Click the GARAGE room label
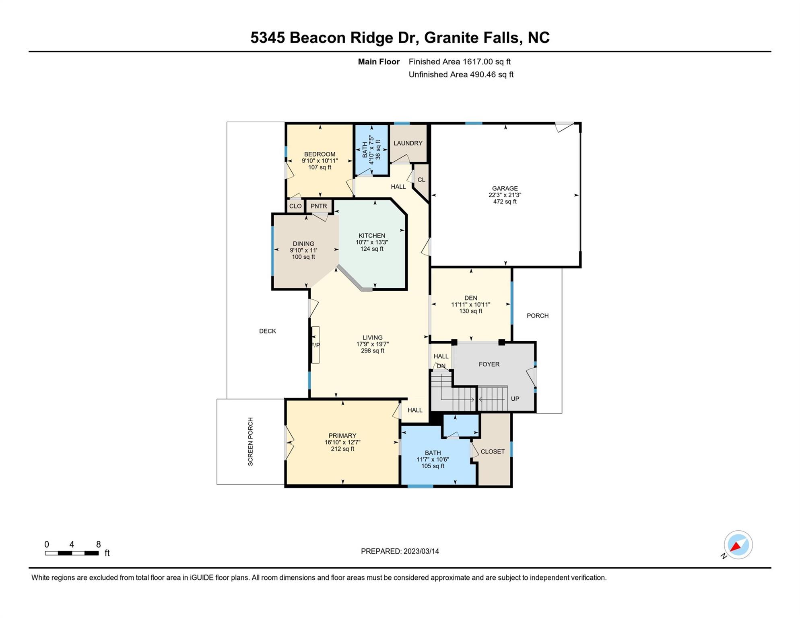[x=505, y=188]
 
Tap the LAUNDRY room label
[x=408, y=143]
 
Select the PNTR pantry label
[x=319, y=206]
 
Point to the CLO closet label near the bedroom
[x=295, y=206]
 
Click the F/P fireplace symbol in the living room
[x=315, y=345]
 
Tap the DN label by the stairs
[x=441, y=366]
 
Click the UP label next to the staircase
[x=515, y=399]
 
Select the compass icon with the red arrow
[x=738, y=545]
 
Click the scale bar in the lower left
[x=72, y=553]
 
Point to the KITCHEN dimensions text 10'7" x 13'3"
[x=372, y=242]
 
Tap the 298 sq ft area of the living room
[x=373, y=351]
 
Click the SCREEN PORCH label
[x=250, y=442]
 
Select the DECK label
[x=268, y=331]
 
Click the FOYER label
[x=489, y=364]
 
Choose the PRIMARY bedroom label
[x=342, y=436]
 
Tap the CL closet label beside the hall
[x=421, y=180]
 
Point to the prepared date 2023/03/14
[x=421, y=551]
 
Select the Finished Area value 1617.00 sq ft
[x=487, y=62]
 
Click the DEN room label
[x=470, y=298]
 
